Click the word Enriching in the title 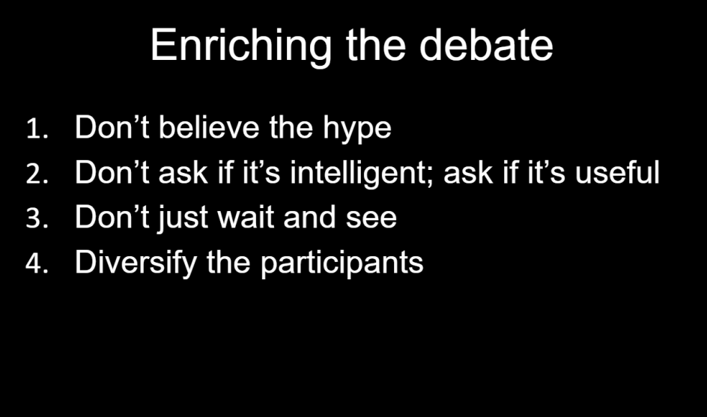(x=240, y=46)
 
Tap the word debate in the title (x=486, y=45)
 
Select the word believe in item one (x=209, y=127)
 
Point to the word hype (x=357, y=130)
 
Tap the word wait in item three (x=246, y=217)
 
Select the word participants (x=342, y=264)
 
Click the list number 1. (x=37, y=129)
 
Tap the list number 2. (x=37, y=174)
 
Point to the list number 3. (x=37, y=219)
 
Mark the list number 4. (x=37, y=264)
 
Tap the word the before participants (x=228, y=262)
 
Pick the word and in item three (x=309, y=217)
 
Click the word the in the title (x=376, y=45)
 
